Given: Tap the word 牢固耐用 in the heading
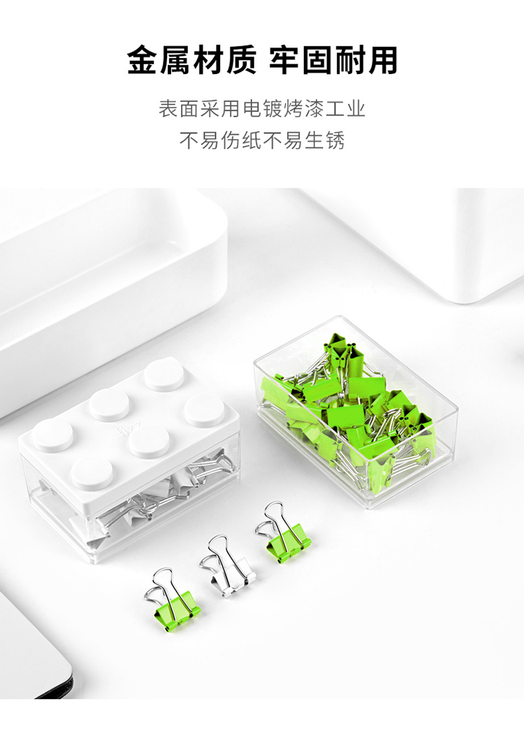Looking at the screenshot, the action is pos(333,61).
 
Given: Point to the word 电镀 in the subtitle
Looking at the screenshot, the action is pos(262,109).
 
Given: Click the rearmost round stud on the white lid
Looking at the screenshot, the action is pos(164,376).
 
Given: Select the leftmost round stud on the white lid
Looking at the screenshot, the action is pos(52,434).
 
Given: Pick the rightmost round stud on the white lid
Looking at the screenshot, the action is pos(204,411).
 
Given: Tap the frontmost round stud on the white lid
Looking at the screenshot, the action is pos(92,472).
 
